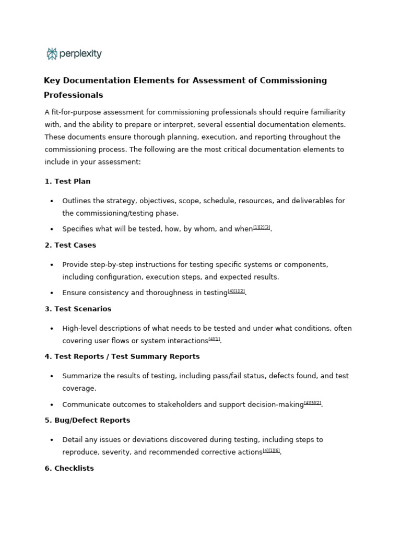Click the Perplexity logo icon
click(52, 54)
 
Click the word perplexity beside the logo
click(80, 54)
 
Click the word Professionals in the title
click(73, 95)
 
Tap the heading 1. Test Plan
click(67, 181)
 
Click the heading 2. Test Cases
click(70, 245)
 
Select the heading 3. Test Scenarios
click(78, 309)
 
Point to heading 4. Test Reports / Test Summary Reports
click(122, 356)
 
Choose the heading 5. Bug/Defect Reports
click(87, 420)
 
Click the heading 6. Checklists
click(69, 468)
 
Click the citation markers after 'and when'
click(262, 227)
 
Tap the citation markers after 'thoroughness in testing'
click(236, 291)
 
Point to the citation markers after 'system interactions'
click(214, 339)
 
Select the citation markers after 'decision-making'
click(312, 403)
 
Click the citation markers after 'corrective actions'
click(271, 450)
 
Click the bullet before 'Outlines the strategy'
click(52, 201)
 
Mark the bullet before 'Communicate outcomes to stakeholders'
click(52, 405)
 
